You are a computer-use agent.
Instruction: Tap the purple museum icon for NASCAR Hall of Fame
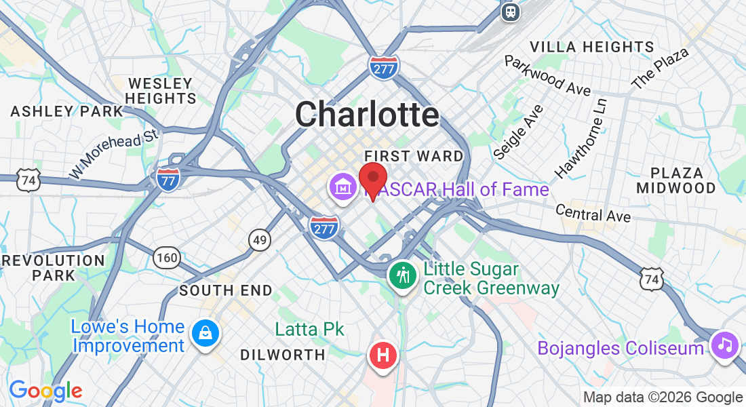(343, 185)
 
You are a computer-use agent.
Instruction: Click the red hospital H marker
(383, 355)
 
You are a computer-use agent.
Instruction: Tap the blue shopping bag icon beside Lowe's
(203, 333)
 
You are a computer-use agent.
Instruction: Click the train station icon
(511, 11)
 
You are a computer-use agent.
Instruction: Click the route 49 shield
(260, 239)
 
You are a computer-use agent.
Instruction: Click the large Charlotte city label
(367, 114)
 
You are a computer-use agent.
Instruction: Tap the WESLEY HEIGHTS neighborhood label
(161, 91)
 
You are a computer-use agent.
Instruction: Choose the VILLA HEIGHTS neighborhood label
(592, 47)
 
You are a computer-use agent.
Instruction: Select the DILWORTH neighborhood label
(283, 354)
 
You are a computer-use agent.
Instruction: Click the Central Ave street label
(593, 213)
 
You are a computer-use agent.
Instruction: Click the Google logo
(45, 391)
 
